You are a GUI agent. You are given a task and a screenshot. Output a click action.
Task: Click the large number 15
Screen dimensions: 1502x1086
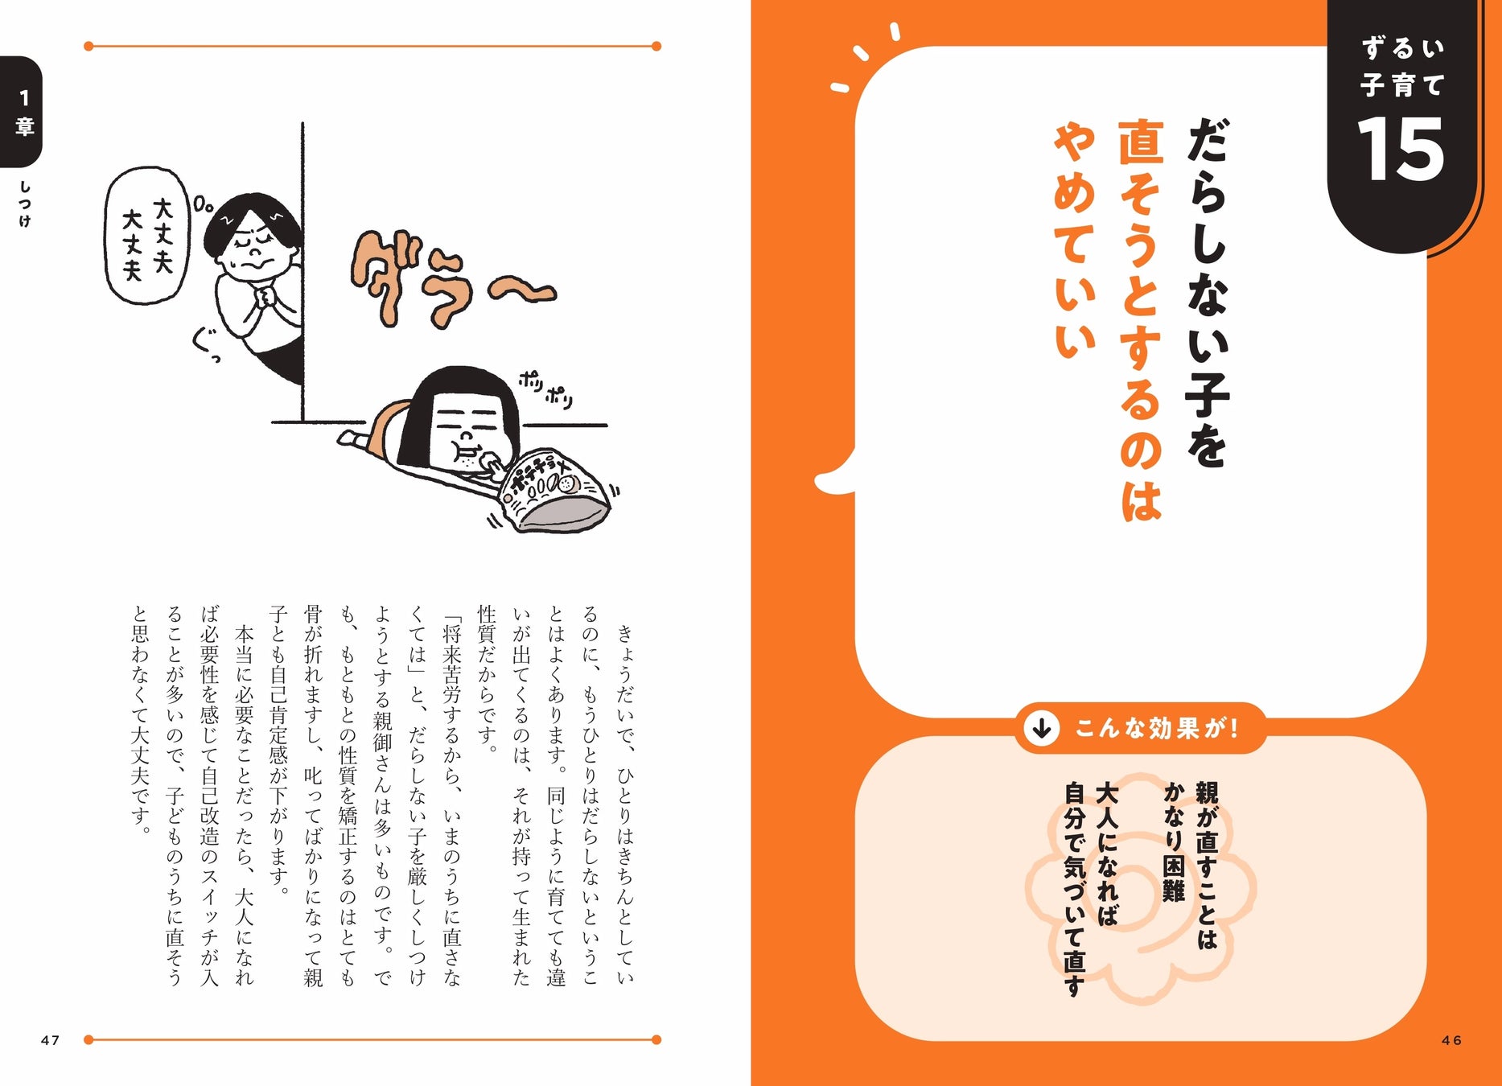click(x=1400, y=150)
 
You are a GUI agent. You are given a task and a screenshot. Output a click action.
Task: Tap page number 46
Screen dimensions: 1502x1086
click(x=1451, y=1040)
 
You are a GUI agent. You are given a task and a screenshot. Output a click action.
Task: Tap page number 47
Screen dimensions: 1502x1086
click(x=50, y=1040)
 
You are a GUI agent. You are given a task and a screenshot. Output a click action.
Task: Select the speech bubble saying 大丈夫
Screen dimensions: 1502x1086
click(x=147, y=236)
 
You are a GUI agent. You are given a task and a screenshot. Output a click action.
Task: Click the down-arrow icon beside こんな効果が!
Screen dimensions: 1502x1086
click(x=1042, y=728)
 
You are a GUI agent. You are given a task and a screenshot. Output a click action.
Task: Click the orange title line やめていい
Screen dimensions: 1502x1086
click(x=1075, y=241)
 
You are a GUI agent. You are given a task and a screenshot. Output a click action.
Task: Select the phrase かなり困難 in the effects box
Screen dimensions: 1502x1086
click(x=1173, y=841)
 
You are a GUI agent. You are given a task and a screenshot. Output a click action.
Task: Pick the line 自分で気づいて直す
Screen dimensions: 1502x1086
click(x=1075, y=888)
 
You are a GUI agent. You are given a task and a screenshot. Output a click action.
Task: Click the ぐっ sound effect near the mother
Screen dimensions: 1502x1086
click(x=206, y=346)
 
